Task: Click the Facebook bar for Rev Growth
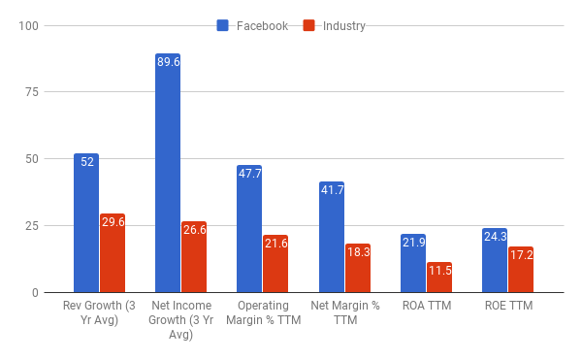86,222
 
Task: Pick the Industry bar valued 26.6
194,256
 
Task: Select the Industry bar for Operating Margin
275,263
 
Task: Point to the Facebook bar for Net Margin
331,237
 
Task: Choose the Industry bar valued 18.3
358,268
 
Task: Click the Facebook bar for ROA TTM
413,263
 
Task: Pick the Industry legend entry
335,26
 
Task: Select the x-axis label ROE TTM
508,307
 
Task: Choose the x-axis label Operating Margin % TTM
263,313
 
